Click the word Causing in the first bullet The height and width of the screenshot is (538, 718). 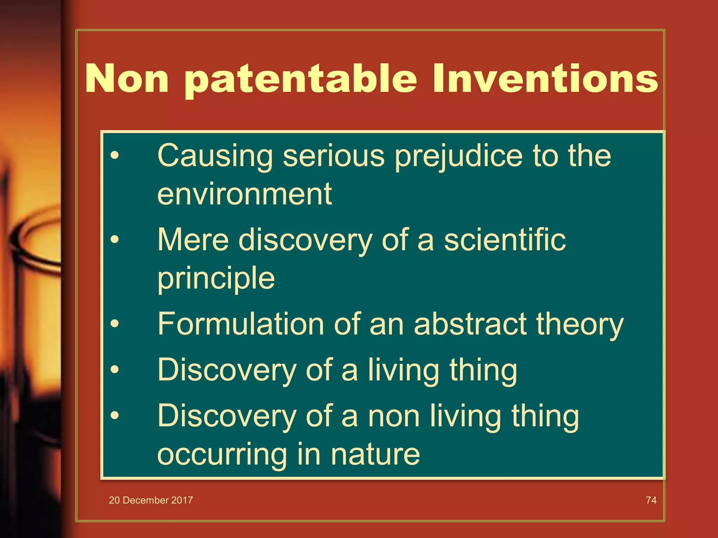pyautogui.click(x=215, y=156)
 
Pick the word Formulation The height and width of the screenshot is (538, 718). pyautogui.click(x=241, y=324)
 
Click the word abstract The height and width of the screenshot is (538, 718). pyautogui.click(x=470, y=324)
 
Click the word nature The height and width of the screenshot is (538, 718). pyautogui.click(x=375, y=455)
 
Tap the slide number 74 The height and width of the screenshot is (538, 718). pyautogui.click(x=651, y=500)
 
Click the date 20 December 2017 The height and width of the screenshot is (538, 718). pyautogui.click(x=151, y=500)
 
